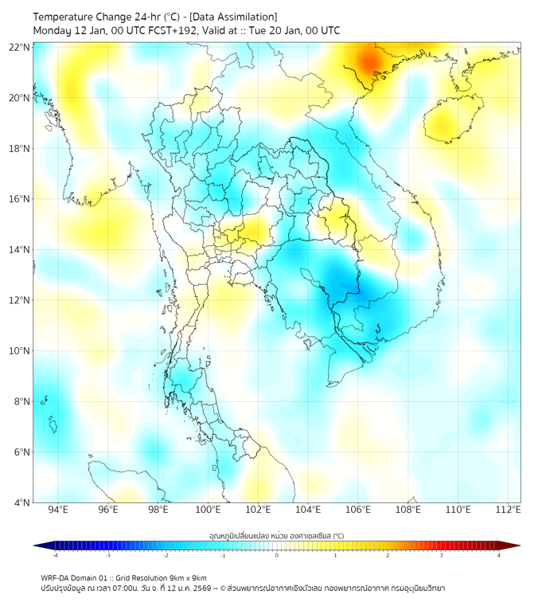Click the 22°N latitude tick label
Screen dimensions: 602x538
20,47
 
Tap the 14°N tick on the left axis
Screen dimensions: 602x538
20,250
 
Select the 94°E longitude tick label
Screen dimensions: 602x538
58,510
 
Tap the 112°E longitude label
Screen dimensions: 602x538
508,510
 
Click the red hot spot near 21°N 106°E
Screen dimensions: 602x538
369,61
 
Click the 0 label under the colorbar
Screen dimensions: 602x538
277,555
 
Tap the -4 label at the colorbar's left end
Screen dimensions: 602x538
54,555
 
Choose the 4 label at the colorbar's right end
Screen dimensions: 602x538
499,555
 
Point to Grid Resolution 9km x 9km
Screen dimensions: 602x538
166,577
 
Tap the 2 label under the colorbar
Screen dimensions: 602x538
388,555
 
